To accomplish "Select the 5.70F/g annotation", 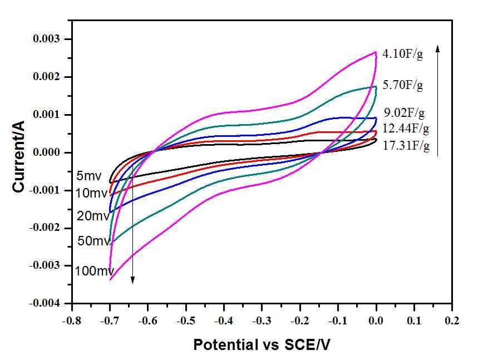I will [403, 86].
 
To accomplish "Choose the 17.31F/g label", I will [407, 147].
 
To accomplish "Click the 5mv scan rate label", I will [89, 176].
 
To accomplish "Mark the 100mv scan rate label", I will [94, 272].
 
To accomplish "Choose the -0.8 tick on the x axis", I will [72, 321].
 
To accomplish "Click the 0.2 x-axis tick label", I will [452, 321].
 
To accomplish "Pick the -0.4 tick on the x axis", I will [224, 321].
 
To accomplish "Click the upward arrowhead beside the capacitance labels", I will [438, 49].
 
